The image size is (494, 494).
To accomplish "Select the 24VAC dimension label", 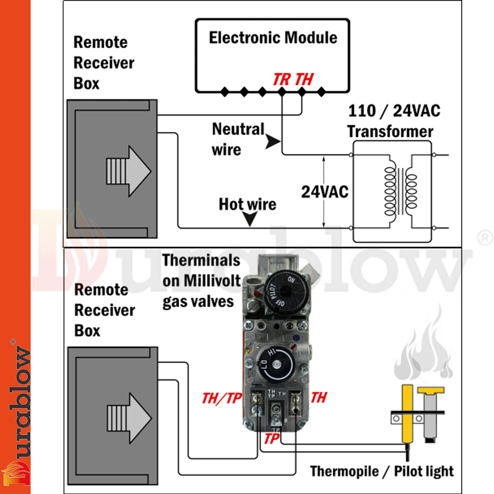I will pyautogui.click(x=325, y=192).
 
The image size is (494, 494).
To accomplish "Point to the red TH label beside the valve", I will pyautogui.click(x=319, y=398).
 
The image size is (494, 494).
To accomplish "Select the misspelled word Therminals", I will pyautogui.click(x=201, y=260).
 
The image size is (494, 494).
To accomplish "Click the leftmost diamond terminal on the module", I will pyautogui.click(x=225, y=92).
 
